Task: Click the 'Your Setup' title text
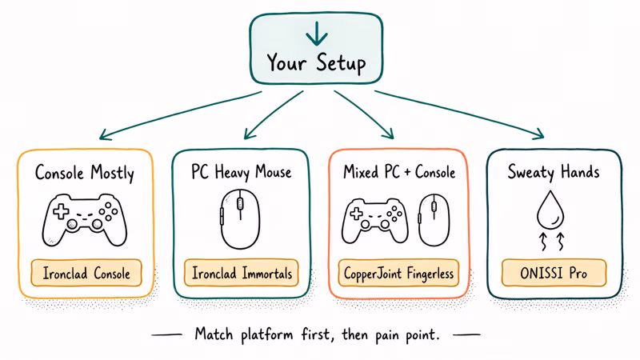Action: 317,62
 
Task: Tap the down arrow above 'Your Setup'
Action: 317,33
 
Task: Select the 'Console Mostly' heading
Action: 85,172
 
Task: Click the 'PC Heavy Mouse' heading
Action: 241,172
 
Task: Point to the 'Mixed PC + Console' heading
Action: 398,172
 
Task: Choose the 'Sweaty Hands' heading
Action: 554,172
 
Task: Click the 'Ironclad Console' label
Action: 85,274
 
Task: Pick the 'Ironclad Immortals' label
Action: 241,274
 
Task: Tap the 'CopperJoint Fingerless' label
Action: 398,274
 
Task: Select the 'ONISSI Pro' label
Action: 554,274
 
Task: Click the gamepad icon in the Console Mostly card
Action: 84,218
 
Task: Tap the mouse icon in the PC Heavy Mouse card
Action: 241,219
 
